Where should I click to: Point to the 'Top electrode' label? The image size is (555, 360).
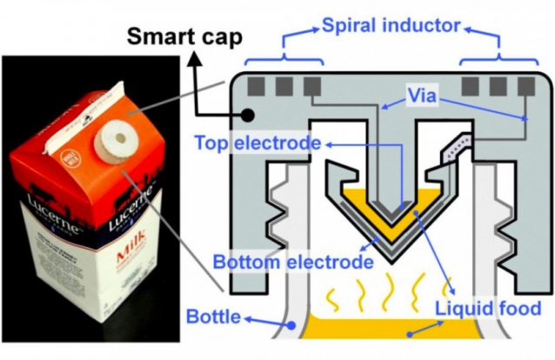(x=252, y=142)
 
